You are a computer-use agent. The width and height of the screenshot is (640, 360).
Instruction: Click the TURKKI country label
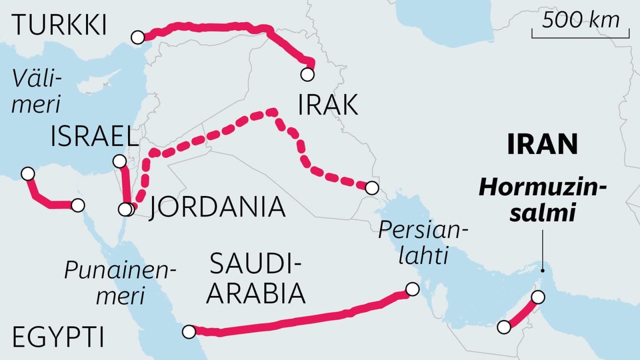60,26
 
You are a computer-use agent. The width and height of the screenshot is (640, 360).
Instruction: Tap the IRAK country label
328,106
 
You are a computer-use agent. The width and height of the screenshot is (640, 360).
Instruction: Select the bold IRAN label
542,144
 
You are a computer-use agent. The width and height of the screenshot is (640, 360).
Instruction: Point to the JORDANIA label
216,208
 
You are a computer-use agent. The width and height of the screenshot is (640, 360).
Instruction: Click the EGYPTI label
59,337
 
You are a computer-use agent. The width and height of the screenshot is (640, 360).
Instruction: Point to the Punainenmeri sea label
120,283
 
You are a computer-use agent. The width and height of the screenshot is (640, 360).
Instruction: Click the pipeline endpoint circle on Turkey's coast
138,37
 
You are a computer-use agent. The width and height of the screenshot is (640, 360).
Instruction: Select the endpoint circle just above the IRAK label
307,74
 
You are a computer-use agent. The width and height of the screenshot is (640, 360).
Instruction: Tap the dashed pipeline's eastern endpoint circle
372,188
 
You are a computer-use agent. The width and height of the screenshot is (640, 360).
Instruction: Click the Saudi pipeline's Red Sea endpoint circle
189,331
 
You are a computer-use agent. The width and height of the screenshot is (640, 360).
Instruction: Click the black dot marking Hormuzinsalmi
543,270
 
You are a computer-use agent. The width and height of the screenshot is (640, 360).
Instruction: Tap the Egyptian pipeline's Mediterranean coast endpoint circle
28,174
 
